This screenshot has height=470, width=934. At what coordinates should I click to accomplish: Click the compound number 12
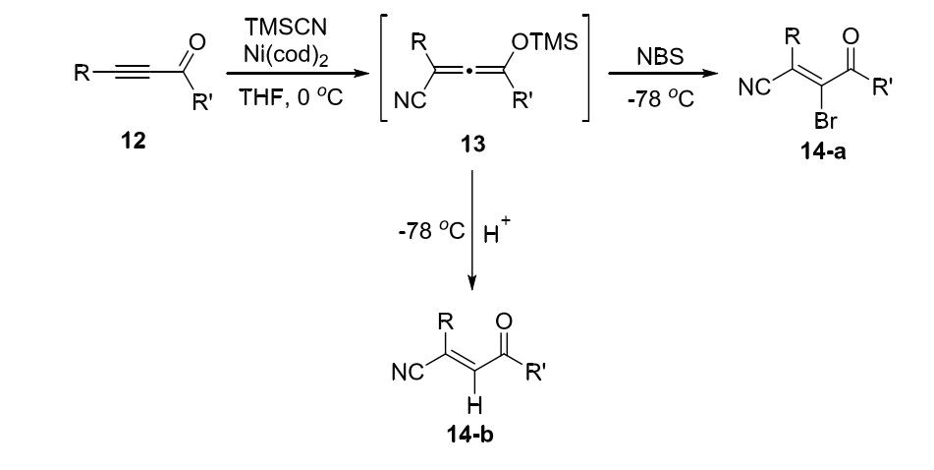133,141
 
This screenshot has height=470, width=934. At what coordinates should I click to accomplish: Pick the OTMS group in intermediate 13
536,44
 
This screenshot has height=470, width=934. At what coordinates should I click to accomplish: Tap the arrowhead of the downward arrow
472,286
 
